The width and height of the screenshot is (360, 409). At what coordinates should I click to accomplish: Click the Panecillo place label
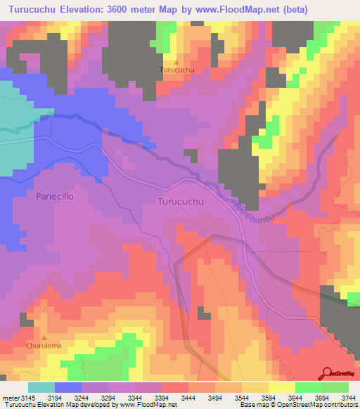tap(54, 197)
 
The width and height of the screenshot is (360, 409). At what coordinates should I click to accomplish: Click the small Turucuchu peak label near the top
tap(176, 70)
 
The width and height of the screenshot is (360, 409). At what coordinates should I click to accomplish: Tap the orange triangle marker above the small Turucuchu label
tap(176, 62)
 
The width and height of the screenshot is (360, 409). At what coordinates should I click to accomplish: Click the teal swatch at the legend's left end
tap(41, 387)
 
